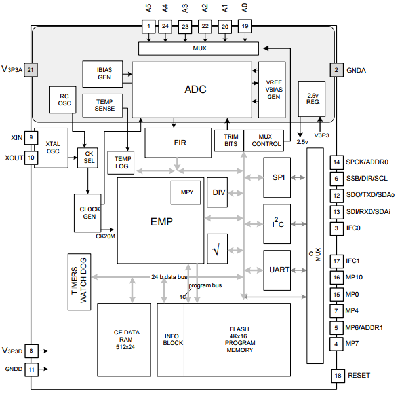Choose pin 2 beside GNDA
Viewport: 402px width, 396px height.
coord(336,69)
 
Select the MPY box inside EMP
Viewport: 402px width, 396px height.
coord(186,192)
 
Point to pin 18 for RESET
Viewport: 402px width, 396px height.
coord(337,376)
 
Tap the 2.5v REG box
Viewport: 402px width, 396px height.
coord(312,98)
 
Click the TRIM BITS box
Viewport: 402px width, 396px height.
coord(229,139)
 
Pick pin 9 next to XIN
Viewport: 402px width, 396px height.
coord(31,137)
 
